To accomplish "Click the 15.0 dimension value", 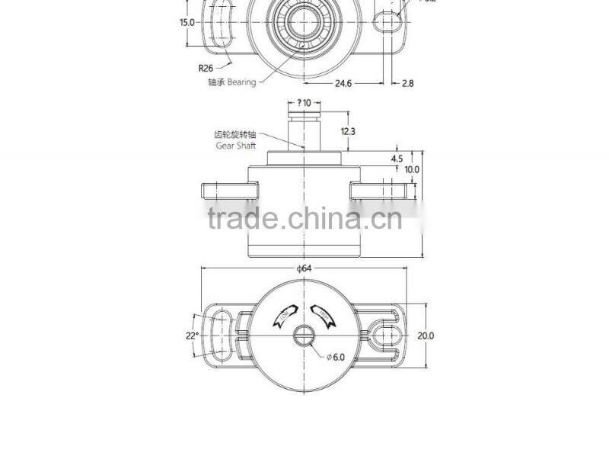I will point(187,22).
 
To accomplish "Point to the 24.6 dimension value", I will point(343,84).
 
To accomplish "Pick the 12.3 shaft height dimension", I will point(348,131).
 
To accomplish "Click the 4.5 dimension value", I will point(397,159).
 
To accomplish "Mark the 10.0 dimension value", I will point(412,169).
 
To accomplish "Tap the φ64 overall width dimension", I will point(304,268).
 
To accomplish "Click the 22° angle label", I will point(192,335).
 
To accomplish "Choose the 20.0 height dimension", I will point(426,335).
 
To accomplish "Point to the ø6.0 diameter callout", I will point(336,357).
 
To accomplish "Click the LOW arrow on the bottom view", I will point(282,314).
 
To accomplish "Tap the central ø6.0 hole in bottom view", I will point(304,336).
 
